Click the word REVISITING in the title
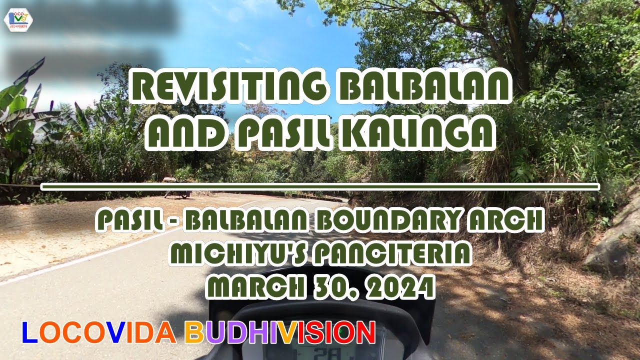click(226, 86)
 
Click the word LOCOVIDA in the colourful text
click(98, 332)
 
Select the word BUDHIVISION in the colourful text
click(280, 332)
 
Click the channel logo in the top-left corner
click(18, 19)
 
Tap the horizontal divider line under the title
click(320, 187)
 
